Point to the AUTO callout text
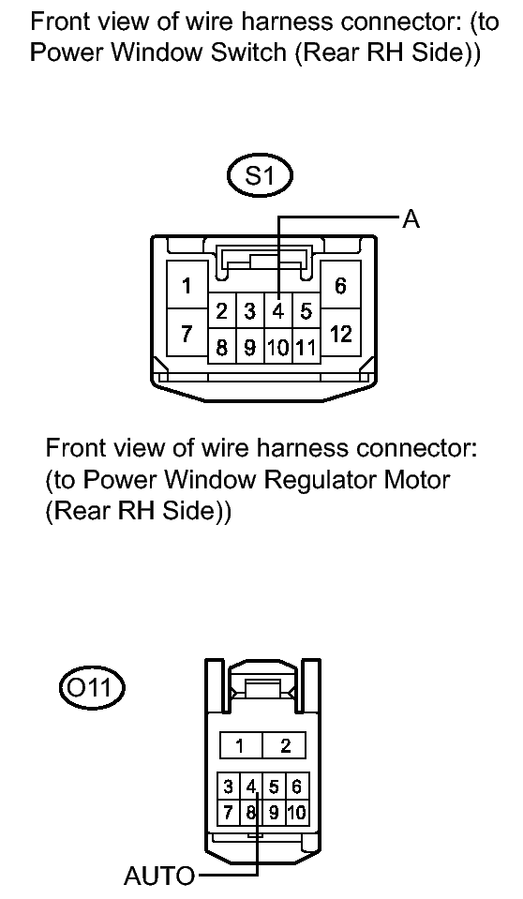pos(159,877)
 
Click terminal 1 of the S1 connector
pos(187,286)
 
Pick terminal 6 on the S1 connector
pos(341,286)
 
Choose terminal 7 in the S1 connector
pos(187,334)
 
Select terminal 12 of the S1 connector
pos(341,334)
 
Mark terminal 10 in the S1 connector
pos(278,346)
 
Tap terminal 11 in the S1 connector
pos(305,346)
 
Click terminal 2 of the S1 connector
pos(223,310)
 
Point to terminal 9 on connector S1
pos(250,346)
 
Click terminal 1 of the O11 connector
pos(240,746)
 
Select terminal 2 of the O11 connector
pos(286,746)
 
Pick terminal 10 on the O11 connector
pos(297,810)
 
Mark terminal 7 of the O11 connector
pos(229,810)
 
